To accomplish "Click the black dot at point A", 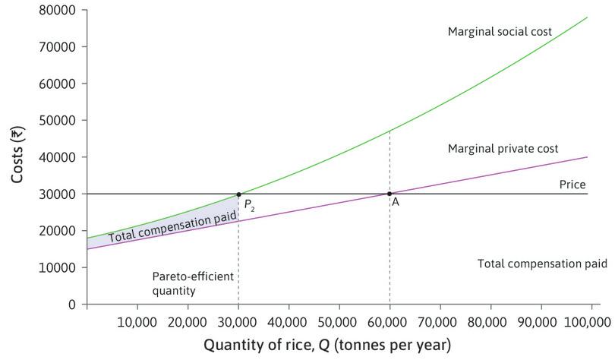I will click(389, 194).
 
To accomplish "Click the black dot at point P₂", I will click(238, 194).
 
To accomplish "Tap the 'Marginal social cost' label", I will click(500, 32).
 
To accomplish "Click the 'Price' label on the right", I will click(572, 185).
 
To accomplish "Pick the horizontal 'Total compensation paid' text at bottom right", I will click(542, 264).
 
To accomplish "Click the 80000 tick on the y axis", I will click(58, 11).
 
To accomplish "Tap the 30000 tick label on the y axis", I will click(58, 194).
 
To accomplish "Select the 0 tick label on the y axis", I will click(71, 305).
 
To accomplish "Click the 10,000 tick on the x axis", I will click(137, 321).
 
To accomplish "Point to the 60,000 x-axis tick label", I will click(389, 321).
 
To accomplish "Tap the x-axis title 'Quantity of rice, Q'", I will click(326, 345).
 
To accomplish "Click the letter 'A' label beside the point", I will click(396, 203).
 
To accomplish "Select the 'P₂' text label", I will click(249, 205).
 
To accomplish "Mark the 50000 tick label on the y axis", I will click(58, 121).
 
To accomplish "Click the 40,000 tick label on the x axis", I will click(289, 321).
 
